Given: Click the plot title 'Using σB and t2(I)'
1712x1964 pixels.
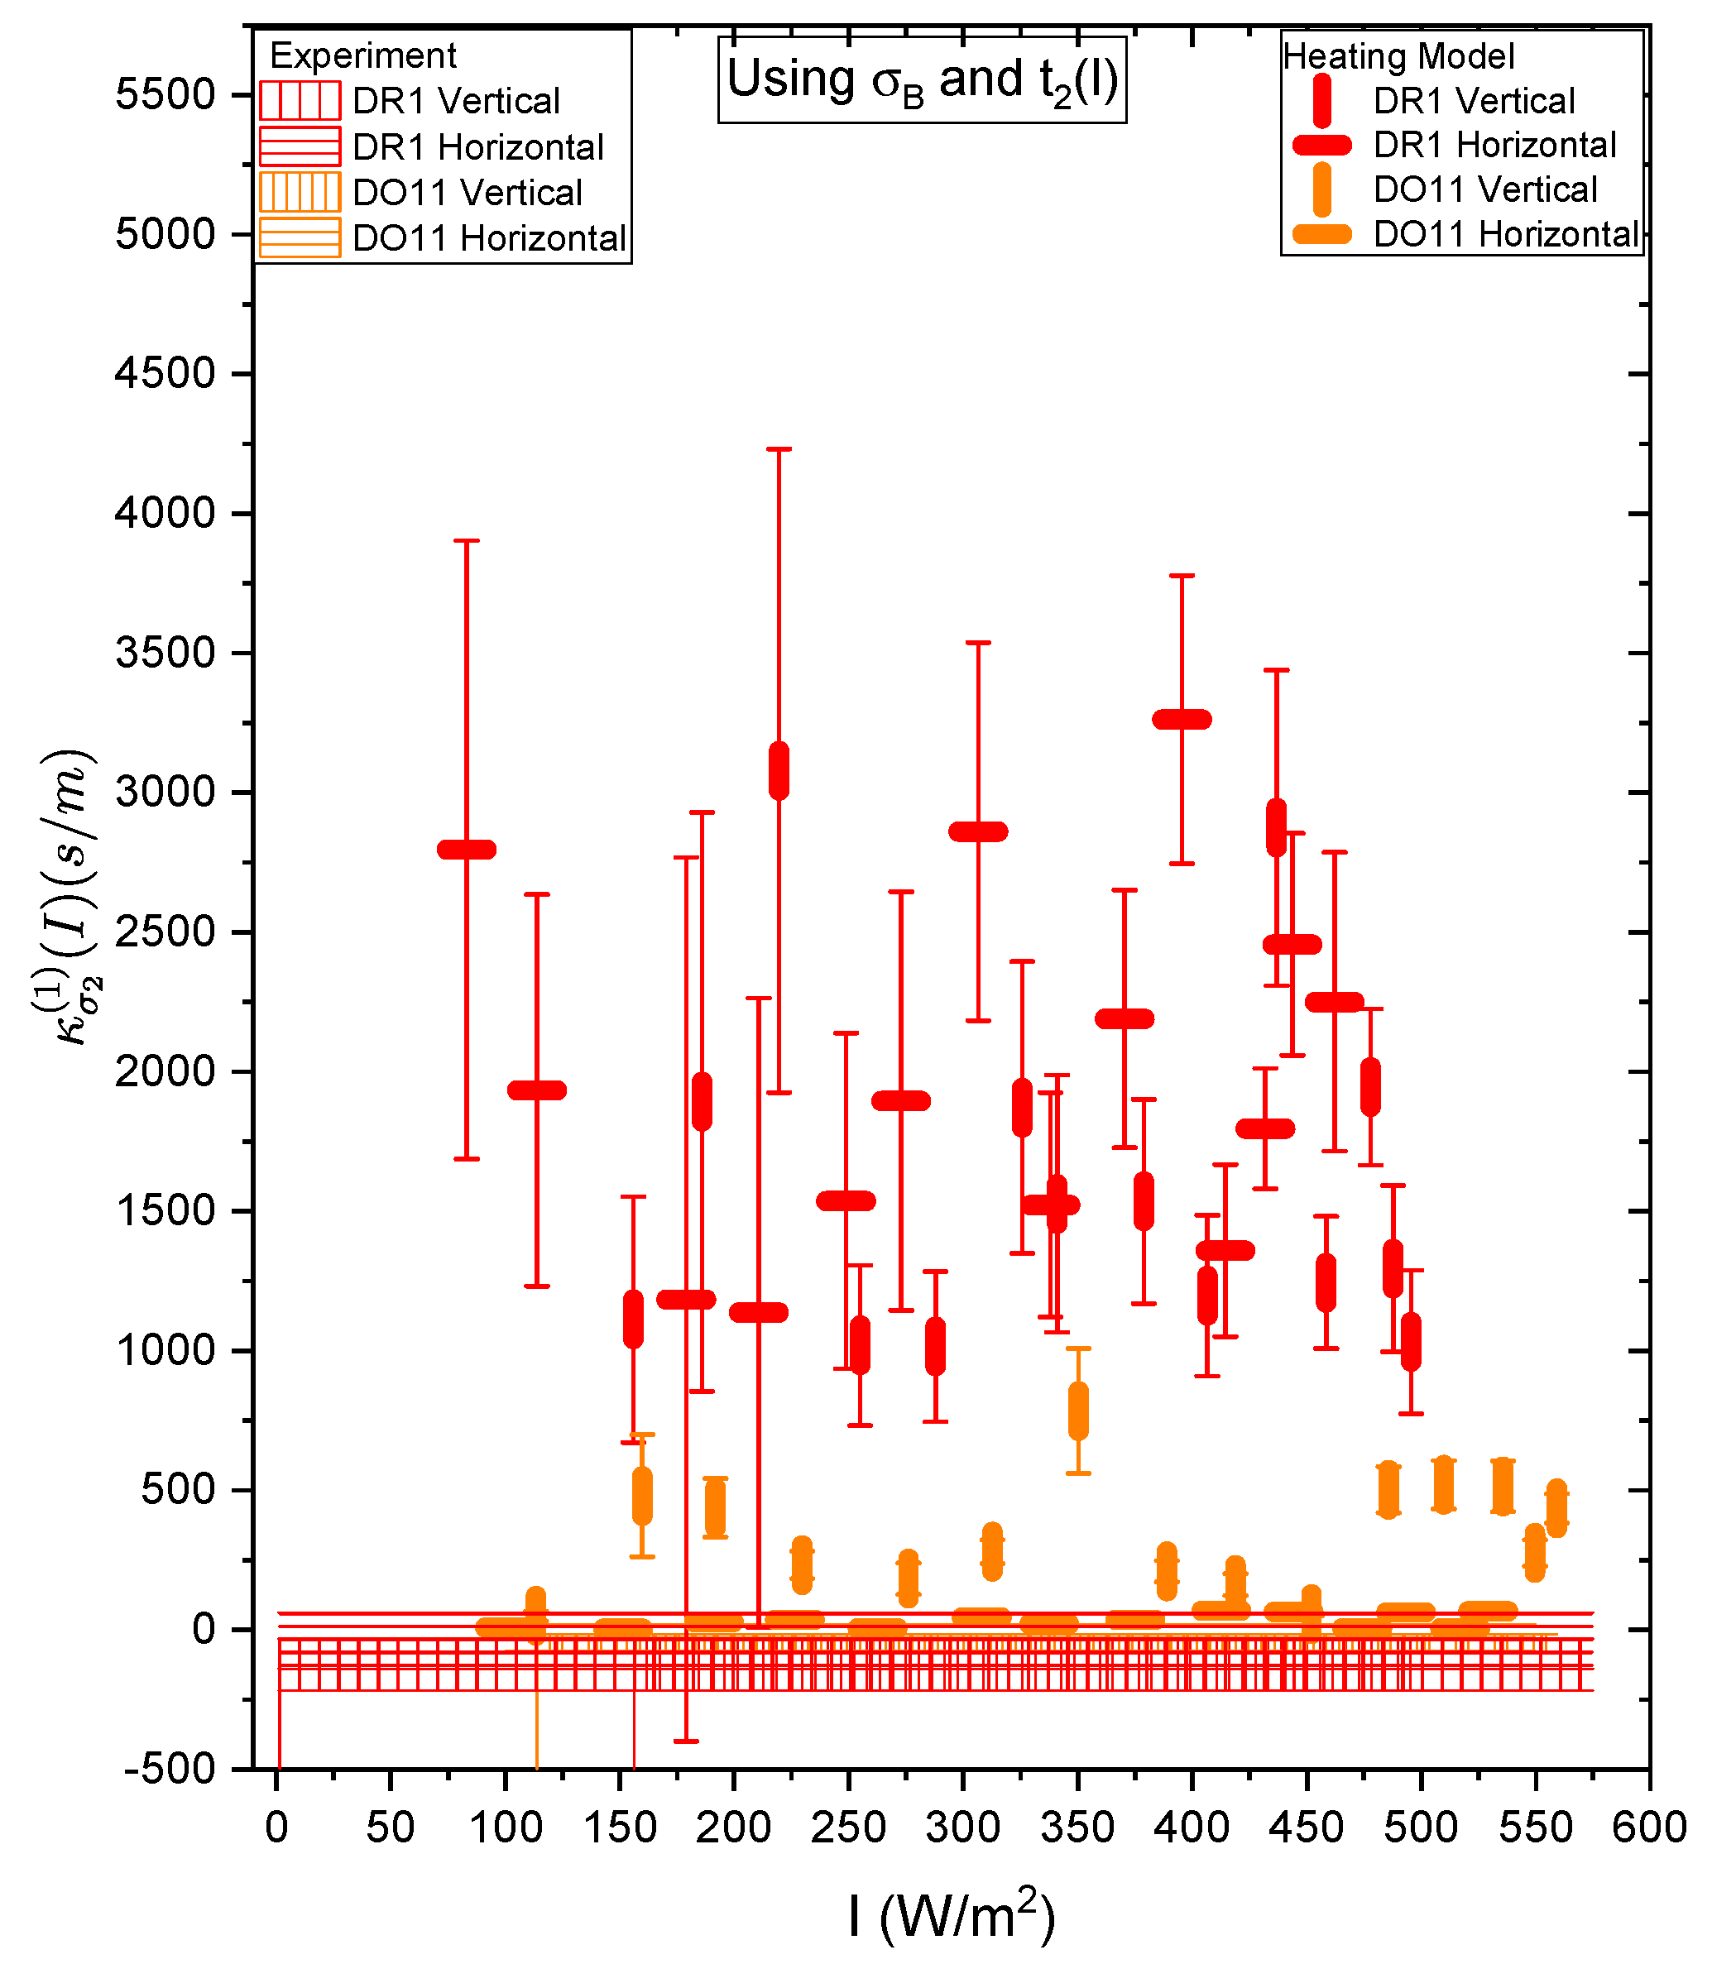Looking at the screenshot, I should coord(922,80).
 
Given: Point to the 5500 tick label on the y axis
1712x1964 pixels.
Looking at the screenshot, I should coord(165,94).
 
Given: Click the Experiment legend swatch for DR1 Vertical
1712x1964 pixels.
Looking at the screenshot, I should coord(299,100).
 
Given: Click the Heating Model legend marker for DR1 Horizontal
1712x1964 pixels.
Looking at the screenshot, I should coord(1321,146).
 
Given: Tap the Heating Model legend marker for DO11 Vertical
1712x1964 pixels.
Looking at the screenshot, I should coord(1321,189).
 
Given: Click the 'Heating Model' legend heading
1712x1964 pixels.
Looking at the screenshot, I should coord(1398,56).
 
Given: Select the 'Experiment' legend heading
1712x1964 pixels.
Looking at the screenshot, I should coord(363,55).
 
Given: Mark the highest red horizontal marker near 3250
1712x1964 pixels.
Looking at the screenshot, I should coord(1182,719).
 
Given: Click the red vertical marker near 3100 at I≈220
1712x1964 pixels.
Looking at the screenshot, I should coord(779,770).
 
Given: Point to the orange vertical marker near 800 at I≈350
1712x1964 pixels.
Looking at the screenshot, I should coord(1077,1411).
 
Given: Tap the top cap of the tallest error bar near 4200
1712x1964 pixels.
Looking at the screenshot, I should coord(779,449).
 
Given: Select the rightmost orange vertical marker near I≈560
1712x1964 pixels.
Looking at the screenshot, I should coord(1556,1508).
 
